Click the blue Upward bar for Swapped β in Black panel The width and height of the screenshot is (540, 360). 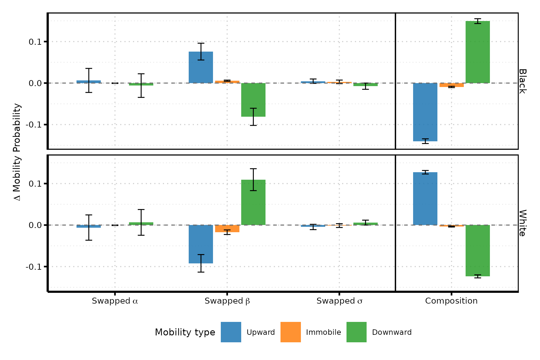[x=201, y=67]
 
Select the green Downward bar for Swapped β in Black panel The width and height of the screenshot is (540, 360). [x=253, y=100]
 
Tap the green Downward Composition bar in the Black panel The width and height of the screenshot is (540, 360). [x=478, y=52]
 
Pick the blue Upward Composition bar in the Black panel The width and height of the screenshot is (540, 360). [x=425, y=112]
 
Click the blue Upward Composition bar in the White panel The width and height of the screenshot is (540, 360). [x=425, y=199]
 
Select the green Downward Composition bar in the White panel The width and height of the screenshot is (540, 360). [x=478, y=250]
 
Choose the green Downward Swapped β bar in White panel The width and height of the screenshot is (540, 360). [x=253, y=202]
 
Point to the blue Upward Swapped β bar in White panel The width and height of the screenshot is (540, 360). [x=201, y=244]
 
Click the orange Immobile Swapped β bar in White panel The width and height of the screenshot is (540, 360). [x=227, y=229]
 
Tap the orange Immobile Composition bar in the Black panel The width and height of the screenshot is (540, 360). [x=451, y=85]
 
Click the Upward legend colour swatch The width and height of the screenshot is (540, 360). [x=231, y=332]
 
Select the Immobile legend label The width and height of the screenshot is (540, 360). [x=323, y=332]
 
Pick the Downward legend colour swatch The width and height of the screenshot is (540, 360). [x=356, y=332]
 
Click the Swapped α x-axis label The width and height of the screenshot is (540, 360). [x=115, y=301]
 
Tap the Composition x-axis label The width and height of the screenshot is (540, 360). [x=451, y=301]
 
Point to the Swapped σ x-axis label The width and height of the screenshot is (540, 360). [x=339, y=301]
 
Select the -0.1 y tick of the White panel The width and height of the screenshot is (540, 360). [x=34, y=267]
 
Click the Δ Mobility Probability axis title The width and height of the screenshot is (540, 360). [x=17, y=152]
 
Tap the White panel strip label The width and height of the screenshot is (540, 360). [x=522, y=223]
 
